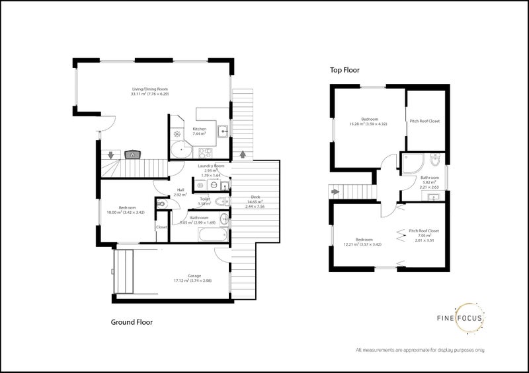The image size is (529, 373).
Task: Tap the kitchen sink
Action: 225,130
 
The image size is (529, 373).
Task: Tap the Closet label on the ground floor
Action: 161,227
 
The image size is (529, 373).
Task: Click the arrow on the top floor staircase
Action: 336,192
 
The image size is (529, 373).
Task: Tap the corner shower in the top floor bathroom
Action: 410,164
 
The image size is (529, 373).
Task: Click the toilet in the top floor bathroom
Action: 434,161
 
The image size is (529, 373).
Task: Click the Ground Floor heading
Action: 131,323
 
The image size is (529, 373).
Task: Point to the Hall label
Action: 180,192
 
